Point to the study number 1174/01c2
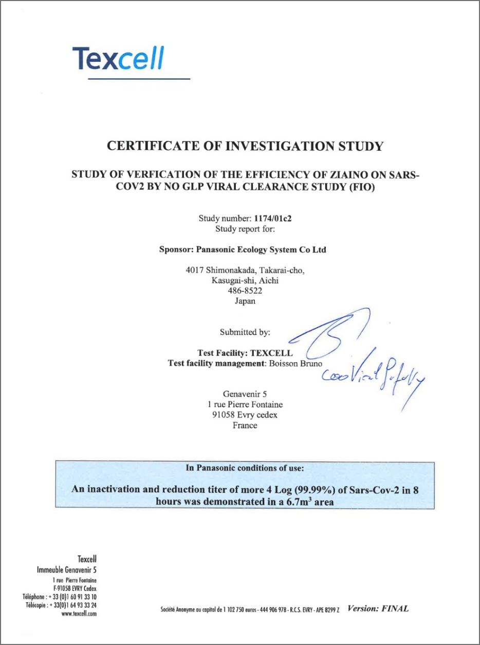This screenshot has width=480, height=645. tap(276, 218)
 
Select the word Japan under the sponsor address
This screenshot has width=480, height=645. tap(245, 301)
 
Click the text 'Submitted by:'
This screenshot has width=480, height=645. tap(245, 332)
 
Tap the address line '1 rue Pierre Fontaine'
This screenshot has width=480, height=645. tap(245, 405)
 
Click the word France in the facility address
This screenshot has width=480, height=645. tap(245, 425)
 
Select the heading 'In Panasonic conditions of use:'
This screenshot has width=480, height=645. tap(245, 469)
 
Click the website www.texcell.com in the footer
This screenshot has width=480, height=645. tap(79, 614)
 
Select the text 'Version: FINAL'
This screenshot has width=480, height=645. tap(378, 609)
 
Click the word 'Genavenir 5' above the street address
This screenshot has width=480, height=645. tap(245, 395)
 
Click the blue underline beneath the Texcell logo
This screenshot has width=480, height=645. tap(139, 79)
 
